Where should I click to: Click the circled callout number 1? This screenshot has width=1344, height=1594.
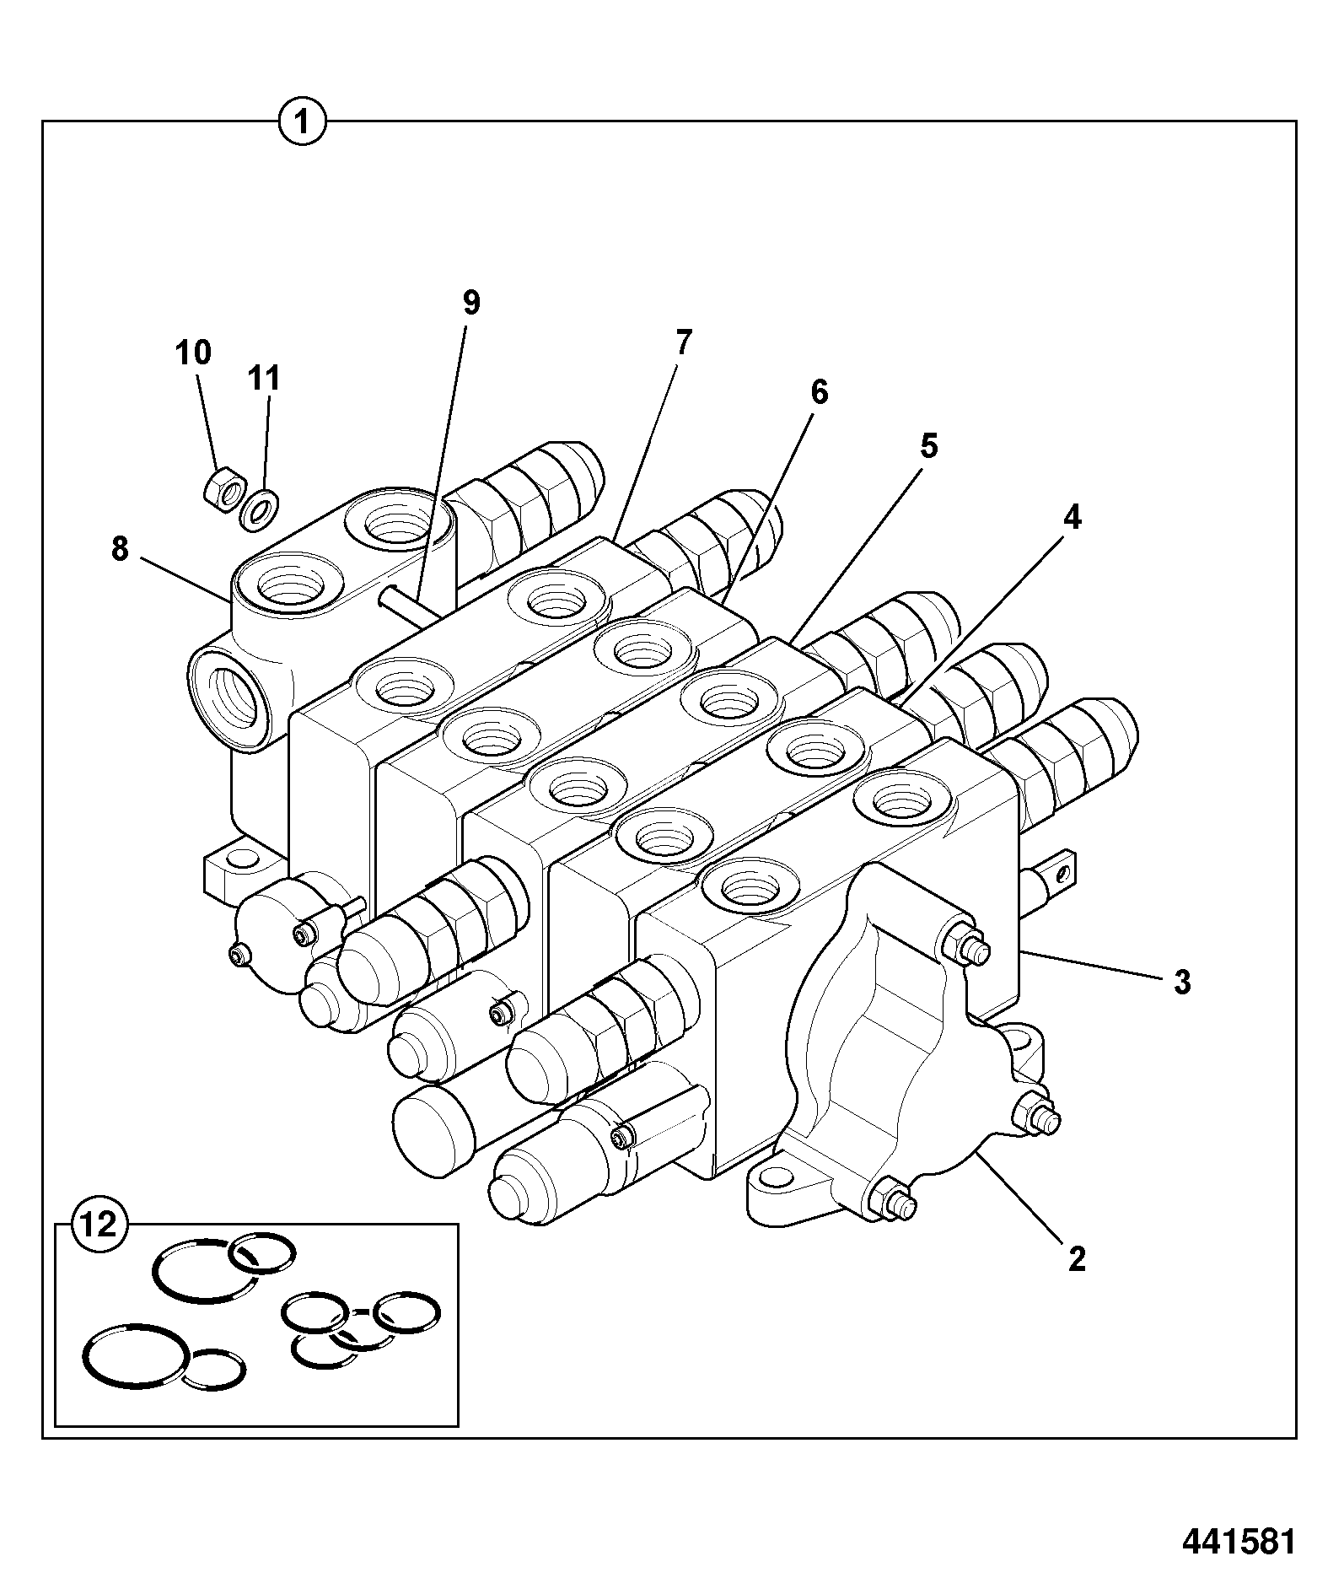pyautogui.click(x=303, y=123)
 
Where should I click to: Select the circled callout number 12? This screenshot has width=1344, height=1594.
pyautogui.click(x=99, y=1224)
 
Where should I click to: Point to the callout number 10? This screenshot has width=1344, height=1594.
pyautogui.click(x=193, y=352)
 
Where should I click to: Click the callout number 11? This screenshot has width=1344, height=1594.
pyautogui.click(x=263, y=379)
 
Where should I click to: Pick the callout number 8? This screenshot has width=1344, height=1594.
pyautogui.click(x=120, y=549)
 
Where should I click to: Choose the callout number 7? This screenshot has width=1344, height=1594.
pyautogui.click(x=683, y=342)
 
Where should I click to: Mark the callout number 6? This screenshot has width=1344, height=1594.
pyautogui.click(x=819, y=392)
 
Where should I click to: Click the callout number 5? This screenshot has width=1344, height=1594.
pyautogui.click(x=928, y=446)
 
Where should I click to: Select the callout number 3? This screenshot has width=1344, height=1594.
pyautogui.click(x=1182, y=982)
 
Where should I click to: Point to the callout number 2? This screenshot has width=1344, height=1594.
pyautogui.click(x=1076, y=1260)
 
